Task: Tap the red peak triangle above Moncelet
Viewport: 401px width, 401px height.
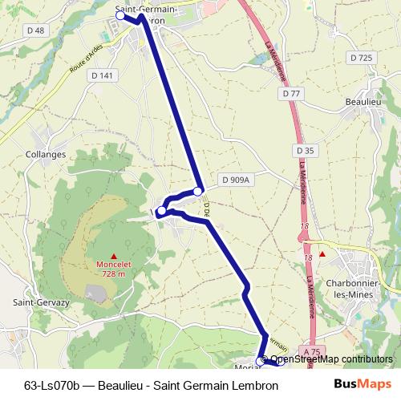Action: click(112, 255)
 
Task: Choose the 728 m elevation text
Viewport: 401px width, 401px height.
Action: click(113, 273)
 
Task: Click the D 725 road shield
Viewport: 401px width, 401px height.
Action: click(362, 58)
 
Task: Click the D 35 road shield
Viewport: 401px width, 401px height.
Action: click(306, 150)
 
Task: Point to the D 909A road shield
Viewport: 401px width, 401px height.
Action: click(236, 180)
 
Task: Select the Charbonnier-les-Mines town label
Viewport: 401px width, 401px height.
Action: click(358, 289)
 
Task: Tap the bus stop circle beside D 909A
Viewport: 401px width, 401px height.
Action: click(198, 191)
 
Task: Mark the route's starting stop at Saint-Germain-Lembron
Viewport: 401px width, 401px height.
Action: click(120, 15)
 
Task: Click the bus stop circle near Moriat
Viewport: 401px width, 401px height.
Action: click(261, 360)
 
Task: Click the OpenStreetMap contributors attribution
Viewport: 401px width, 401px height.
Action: click(326, 359)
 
